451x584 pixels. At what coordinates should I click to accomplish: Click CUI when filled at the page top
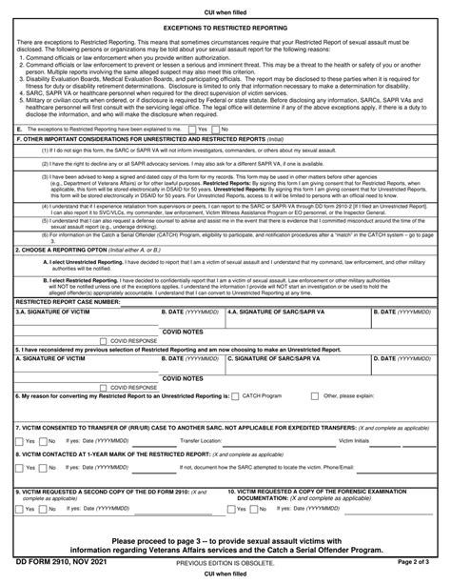(225, 7)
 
